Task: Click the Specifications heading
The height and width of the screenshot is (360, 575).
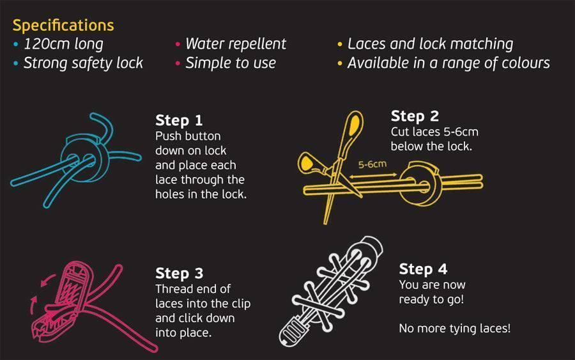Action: pos(63,26)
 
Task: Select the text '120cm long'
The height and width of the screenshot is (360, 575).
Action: pos(63,44)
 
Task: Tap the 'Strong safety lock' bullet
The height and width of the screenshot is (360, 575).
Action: pos(83,63)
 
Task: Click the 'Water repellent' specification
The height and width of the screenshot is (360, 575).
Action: pos(235,44)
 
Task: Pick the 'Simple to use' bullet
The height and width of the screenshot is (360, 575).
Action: pos(230,63)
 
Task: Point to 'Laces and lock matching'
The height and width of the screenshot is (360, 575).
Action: pos(430,44)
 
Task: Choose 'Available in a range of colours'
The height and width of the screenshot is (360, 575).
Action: pos(448,63)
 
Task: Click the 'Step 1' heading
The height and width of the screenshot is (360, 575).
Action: pos(178,121)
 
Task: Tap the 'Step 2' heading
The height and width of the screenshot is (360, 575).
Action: pos(415,116)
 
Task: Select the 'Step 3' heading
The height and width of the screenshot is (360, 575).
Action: pos(179,274)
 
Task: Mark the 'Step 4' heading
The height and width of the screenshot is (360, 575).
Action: pos(423,269)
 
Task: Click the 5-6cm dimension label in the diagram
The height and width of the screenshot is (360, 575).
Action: pos(372,164)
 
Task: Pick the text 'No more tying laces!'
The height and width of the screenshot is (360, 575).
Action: pos(454,329)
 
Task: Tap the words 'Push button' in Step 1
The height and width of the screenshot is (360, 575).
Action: pos(188,136)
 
